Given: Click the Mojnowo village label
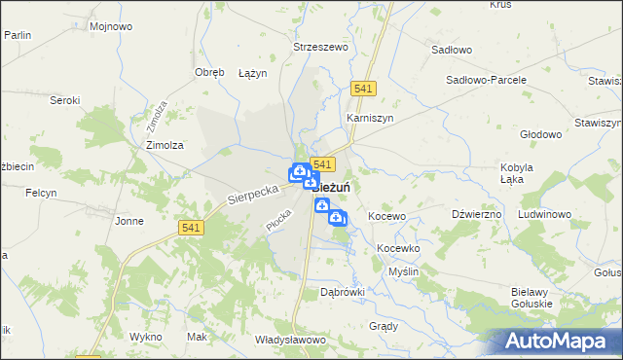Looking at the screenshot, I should tap(110, 26).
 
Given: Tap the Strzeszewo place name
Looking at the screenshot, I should tap(321, 46).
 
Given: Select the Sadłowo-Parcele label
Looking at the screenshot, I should tap(486, 80).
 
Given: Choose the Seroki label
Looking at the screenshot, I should tap(65, 100).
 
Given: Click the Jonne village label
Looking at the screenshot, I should tap(129, 221).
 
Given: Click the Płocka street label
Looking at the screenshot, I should tap(279, 221).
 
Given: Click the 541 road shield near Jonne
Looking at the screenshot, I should tap(191, 228).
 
